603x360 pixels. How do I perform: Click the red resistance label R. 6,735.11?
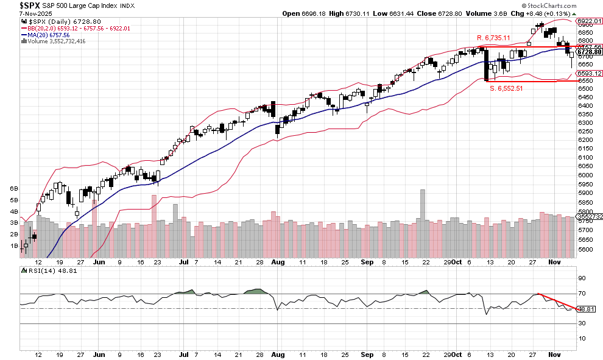[493, 38]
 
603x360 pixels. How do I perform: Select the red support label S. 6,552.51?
[507, 88]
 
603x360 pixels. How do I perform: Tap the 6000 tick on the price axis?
[585, 175]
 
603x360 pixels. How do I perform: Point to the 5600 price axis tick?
[585, 250]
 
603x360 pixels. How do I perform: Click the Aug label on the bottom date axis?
[278, 354]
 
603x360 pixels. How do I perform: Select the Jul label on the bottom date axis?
[183, 354]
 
